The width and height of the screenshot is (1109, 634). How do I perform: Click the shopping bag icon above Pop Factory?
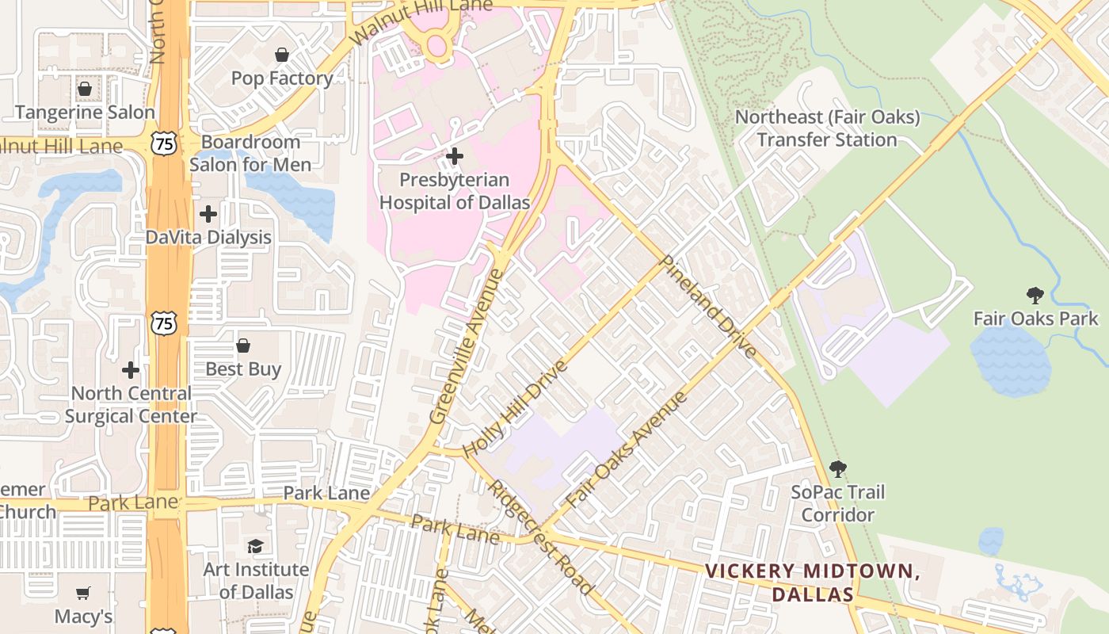click(x=281, y=55)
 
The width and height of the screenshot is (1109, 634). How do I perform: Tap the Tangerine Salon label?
click(x=85, y=112)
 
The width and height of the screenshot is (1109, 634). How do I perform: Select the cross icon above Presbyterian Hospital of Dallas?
click(x=455, y=156)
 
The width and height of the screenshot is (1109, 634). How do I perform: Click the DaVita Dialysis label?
click(x=208, y=237)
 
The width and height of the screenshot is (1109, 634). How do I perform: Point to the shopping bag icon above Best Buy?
click(x=243, y=346)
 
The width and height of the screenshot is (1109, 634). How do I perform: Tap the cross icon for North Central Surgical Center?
click(x=131, y=370)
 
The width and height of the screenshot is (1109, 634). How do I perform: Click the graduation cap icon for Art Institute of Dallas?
click(x=255, y=546)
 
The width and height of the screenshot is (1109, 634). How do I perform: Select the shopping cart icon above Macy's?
click(x=83, y=593)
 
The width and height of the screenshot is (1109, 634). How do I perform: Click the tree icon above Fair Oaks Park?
click(x=1035, y=296)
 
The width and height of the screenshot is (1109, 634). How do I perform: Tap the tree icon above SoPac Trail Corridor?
click(x=837, y=469)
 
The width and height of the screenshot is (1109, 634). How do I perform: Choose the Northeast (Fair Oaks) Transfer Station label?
click(x=827, y=128)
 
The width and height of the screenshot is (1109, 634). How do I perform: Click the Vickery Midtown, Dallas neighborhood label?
click(x=812, y=582)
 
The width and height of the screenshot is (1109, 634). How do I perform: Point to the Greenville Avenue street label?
click(x=467, y=346)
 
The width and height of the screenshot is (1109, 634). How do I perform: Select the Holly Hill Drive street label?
click(x=515, y=408)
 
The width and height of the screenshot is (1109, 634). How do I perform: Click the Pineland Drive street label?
click(x=707, y=306)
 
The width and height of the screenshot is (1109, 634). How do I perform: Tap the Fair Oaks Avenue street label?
click(x=626, y=450)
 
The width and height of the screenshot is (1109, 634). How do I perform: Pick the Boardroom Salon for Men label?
click(x=250, y=153)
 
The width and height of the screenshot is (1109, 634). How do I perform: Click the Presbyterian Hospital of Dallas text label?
click(x=455, y=191)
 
